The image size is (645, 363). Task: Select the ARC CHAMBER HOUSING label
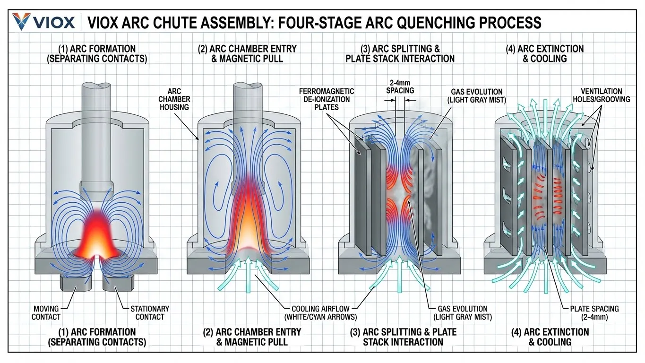[178, 99]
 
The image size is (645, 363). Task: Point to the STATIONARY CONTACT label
[150, 313]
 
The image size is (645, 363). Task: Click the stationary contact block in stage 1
[118, 283]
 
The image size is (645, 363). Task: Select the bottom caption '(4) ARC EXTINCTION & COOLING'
[550, 337]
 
